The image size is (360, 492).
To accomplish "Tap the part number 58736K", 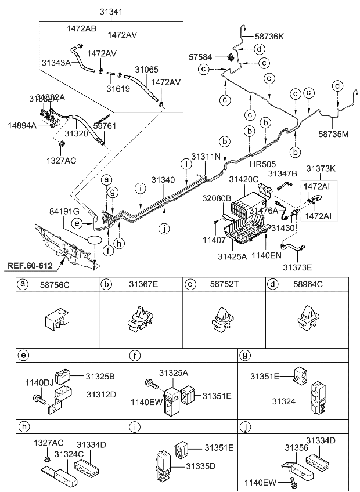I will click(x=269, y=36).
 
